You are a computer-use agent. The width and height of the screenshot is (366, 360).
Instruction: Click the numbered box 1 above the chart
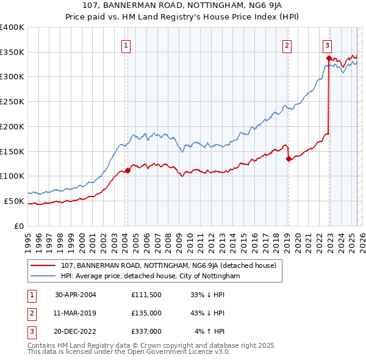[126, 45]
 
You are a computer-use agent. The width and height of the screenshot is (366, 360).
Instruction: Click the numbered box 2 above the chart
[286, 45]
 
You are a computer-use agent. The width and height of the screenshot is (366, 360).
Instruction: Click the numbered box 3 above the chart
[327, 45]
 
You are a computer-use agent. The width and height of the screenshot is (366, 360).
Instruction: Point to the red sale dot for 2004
[128, 170]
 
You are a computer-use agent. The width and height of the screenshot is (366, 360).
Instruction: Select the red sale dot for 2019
[288, 159]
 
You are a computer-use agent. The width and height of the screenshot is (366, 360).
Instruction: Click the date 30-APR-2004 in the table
[76, 295]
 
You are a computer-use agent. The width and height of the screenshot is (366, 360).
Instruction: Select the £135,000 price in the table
[146, 313]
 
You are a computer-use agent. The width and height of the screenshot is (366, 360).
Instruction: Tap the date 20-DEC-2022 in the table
[76, 331]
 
